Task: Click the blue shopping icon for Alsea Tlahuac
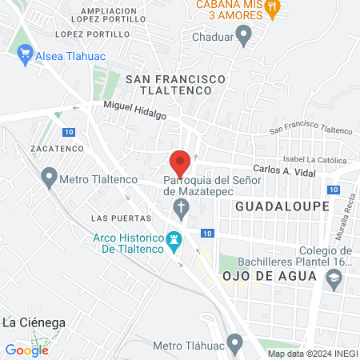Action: tap(25, 55)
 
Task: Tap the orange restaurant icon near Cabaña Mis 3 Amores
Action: tap(273, 8)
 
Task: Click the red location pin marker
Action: tap(180, 162)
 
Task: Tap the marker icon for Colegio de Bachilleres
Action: tap(334, 278)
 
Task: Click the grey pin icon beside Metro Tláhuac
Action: tap(234, 345)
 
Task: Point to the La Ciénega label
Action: tap(34, 322)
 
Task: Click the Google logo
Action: tap(27, 350)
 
